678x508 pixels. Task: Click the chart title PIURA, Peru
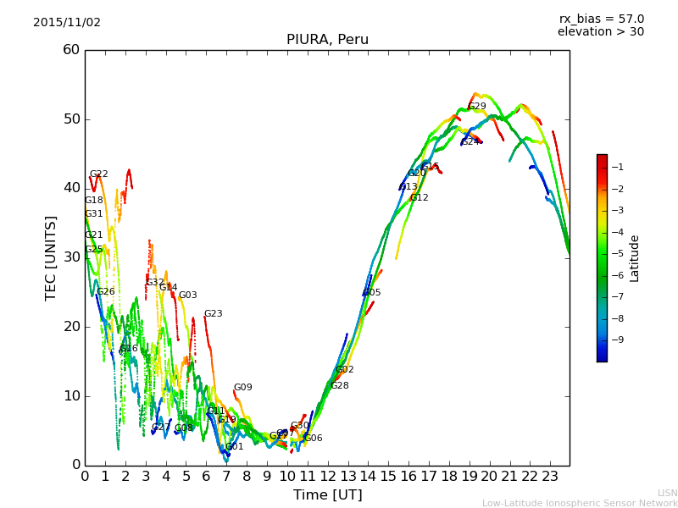[327, 40]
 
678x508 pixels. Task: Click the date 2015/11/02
[67, 22]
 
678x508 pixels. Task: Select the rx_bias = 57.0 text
[601, 19]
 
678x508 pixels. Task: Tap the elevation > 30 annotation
[601, 32]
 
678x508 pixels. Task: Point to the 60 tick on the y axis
[71, 50]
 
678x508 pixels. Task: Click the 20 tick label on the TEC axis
[71, 327]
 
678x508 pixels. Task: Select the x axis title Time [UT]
[327, 494]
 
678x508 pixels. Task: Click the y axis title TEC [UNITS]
[51, 257]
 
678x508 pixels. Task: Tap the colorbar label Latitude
[635, 257]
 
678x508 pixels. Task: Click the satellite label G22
[99, 174]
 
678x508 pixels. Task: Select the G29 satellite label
[477, 107]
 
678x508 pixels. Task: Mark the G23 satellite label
[213, 314]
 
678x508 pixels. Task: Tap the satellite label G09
[243, 388]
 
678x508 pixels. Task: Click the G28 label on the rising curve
[339, 386]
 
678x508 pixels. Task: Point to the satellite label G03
[187, 295]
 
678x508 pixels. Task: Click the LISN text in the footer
[667, 493]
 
